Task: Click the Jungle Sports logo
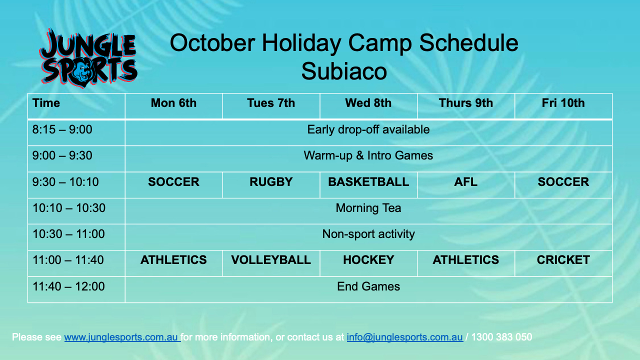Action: coord(88,58)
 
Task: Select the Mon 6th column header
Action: coord(173,103)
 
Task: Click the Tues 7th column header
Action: coord(271,103)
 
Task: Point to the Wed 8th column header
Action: coord(368,103)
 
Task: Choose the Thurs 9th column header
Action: coord(465,103)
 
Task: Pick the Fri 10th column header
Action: coord(563,103)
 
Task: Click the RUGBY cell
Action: coord(271,182)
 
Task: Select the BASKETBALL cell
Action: coord(368,182)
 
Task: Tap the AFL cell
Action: coord(465,182)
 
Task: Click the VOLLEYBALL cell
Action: coord(271,260)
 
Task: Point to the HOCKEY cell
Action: coord(368,260)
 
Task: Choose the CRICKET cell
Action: coord(563,260)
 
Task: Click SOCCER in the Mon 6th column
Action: coord(173,182)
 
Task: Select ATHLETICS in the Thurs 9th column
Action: coord(465,260)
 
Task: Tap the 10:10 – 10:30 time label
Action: coord(69,208)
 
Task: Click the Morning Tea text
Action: coord(368,208)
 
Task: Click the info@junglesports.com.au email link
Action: coord(404,337)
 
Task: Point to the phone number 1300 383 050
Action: coord(501,337)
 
